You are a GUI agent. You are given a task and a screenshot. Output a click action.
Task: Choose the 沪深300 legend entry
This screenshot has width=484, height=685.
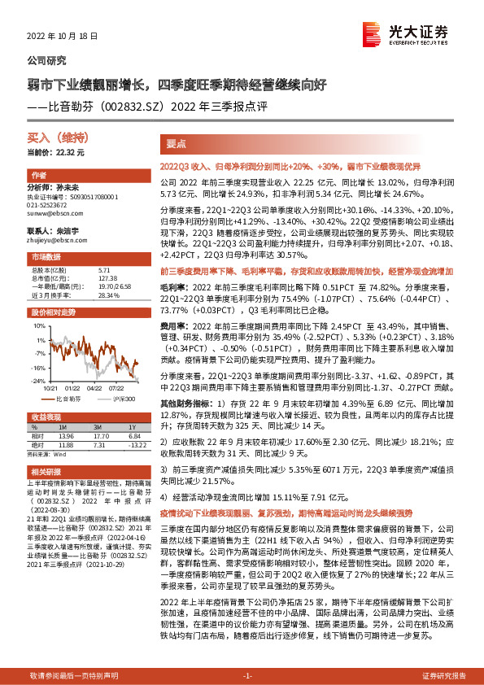121,399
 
